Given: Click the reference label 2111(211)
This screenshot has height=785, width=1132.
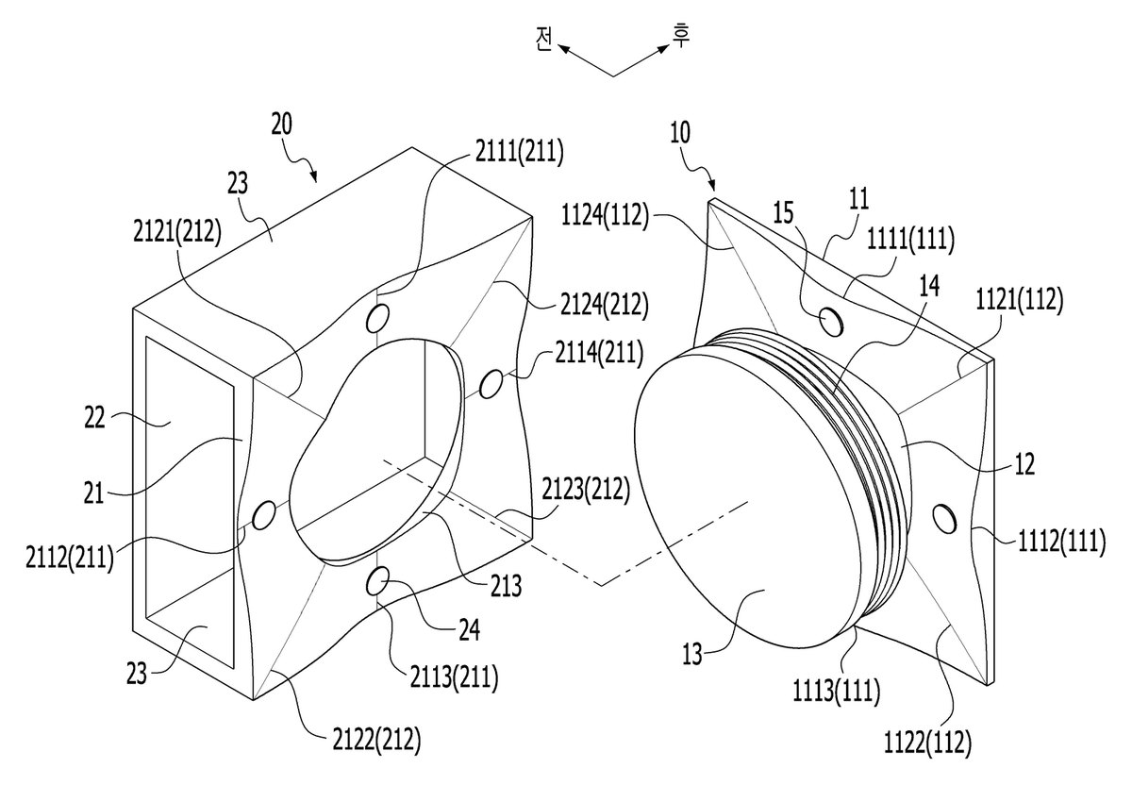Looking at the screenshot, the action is (x=519, y=151).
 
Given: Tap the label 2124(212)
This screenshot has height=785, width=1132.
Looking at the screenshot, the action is (x=604, y=305).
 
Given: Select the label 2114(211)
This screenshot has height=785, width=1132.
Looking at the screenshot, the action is (x=599, y=352).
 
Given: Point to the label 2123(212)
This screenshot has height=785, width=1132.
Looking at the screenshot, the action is (x=586, y=490).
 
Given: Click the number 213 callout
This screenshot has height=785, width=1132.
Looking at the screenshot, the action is (x=506, y=586).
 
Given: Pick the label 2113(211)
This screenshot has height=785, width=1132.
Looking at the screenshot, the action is (x=454, y=676).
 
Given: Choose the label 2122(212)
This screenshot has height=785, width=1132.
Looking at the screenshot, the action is (x=376, y=740).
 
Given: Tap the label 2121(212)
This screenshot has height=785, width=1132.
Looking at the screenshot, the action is (x=177, y=232).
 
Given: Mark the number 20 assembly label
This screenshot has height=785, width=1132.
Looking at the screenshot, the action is (x=281, y=125).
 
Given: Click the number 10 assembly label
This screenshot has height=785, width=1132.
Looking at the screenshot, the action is (x=680, y=133).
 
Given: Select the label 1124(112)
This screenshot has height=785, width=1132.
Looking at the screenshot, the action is (x=605, y=216).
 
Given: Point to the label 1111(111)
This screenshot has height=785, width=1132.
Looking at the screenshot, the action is (x=910, y=239).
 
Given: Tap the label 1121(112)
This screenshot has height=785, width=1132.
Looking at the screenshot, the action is (x=1020, y=300).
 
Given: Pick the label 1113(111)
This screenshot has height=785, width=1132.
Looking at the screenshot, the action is (x=837, y=690).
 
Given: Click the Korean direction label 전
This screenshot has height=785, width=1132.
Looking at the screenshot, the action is (x=543, y=40).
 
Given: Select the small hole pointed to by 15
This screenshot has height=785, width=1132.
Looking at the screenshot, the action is (x=831, y=322).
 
